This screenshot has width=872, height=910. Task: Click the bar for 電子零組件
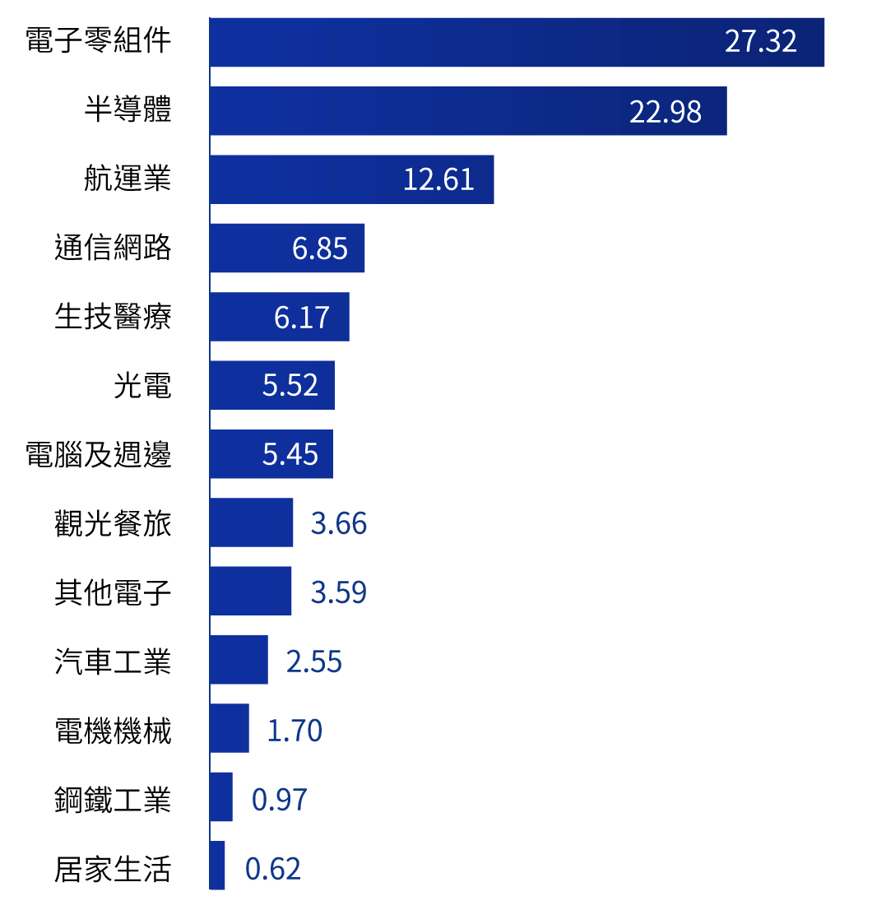tap(461, 42)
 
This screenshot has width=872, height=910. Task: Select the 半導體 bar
tap(411, 111)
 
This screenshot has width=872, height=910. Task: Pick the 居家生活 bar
tap(217, 866)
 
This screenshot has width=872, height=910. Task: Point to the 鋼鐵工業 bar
tap(221, 796)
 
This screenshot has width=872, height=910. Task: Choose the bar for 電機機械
tap(230, 728)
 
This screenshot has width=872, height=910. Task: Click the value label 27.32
tap(760, 42)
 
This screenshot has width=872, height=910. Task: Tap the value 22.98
tap(665, 111)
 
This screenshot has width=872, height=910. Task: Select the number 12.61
tap(438, 179)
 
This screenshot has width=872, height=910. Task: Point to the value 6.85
tap(320, 248)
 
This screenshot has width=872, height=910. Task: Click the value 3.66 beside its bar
tap(338, 523)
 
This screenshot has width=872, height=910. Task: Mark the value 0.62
tap(273, 869)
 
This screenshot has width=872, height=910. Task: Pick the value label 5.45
tap(290, 454)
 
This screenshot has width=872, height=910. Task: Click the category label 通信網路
tap(113, 248)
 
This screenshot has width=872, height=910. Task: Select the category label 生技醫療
tap(113, 317)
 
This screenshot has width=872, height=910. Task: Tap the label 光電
tap(142, 385)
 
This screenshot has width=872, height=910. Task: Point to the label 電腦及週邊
tap(99, 454)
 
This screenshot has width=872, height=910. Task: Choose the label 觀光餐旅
tap(113, 522)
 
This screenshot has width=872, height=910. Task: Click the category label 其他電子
tap(113, 592)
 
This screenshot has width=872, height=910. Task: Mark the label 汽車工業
tap(113, 660)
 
